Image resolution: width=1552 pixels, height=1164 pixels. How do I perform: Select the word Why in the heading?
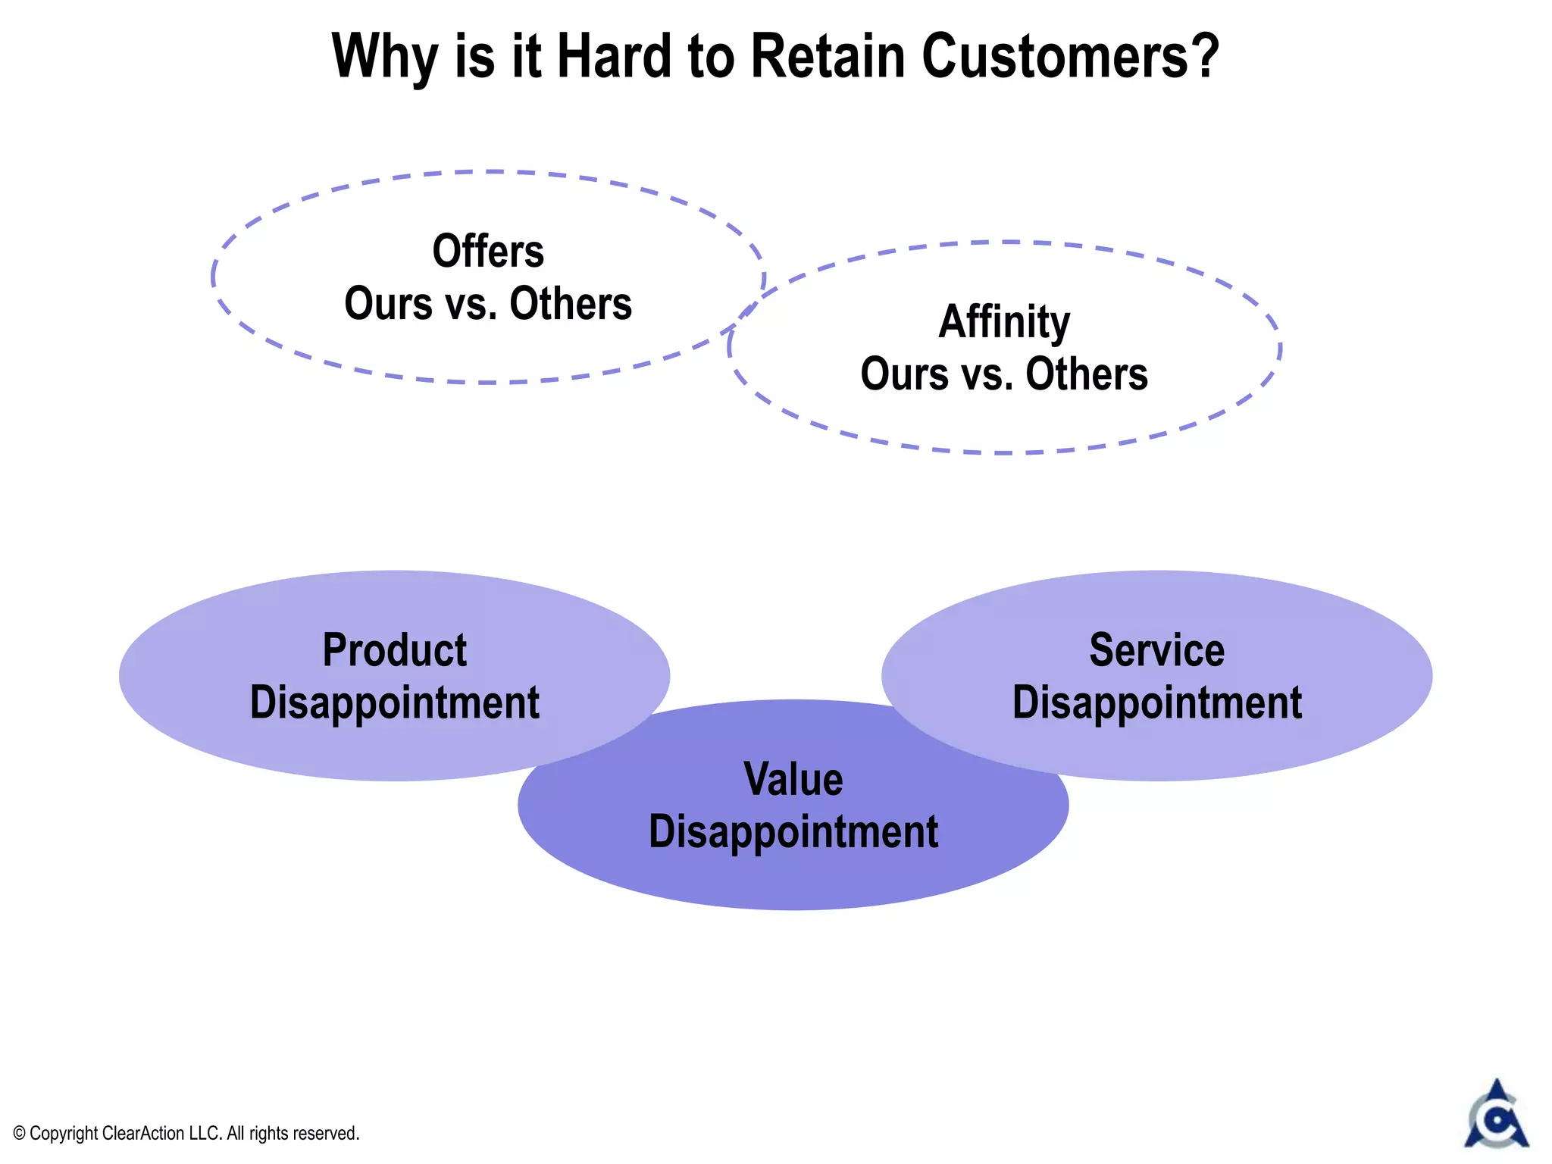coord(385,58)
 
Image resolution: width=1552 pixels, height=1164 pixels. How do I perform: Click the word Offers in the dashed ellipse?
coord(488,251)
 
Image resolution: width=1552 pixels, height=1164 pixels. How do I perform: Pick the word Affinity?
coord(1004,321)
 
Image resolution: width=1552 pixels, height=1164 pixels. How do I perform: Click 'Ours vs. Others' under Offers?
coord(488,304)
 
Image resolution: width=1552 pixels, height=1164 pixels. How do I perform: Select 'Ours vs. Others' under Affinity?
coord(1004,374)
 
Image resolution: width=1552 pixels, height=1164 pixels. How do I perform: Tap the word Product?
coord(395,650)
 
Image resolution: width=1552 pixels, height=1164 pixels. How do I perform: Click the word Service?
coord(1156,650)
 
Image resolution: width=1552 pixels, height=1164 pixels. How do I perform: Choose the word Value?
coord(793,779)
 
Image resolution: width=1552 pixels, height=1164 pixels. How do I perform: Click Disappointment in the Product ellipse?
coord(395,702)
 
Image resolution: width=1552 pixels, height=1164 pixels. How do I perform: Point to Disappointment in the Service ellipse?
coord(1156,702)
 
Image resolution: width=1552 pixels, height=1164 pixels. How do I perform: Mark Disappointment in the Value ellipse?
coord(793,831)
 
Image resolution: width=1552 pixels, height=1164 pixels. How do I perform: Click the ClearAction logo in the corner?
coord(1496,1115)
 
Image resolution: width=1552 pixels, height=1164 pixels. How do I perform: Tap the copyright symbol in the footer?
coord(20,1134)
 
